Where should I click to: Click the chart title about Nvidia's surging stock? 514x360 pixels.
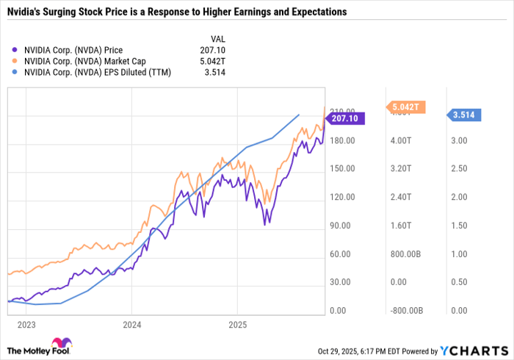point(177,13)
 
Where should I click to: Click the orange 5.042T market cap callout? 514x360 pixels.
point(405,107)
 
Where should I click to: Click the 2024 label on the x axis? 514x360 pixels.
point(132,323)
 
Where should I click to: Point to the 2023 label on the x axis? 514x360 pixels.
point(26,323)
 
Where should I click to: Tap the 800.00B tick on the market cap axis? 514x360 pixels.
point(406,254)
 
